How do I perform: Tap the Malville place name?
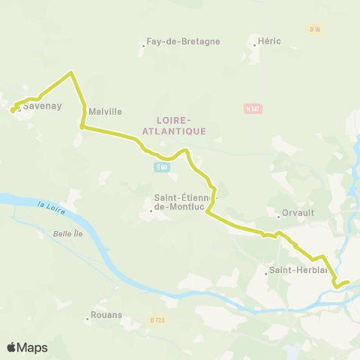point(104,112)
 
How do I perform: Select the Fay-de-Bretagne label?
point(184,41)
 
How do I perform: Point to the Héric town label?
point(268,40)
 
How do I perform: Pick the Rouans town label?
point(106,316)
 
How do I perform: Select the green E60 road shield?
point(162,167)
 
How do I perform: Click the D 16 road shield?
point(314,29)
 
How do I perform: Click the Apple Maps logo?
point(27,347)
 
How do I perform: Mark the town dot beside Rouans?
point(87,319)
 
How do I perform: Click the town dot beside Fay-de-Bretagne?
point(143,45)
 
